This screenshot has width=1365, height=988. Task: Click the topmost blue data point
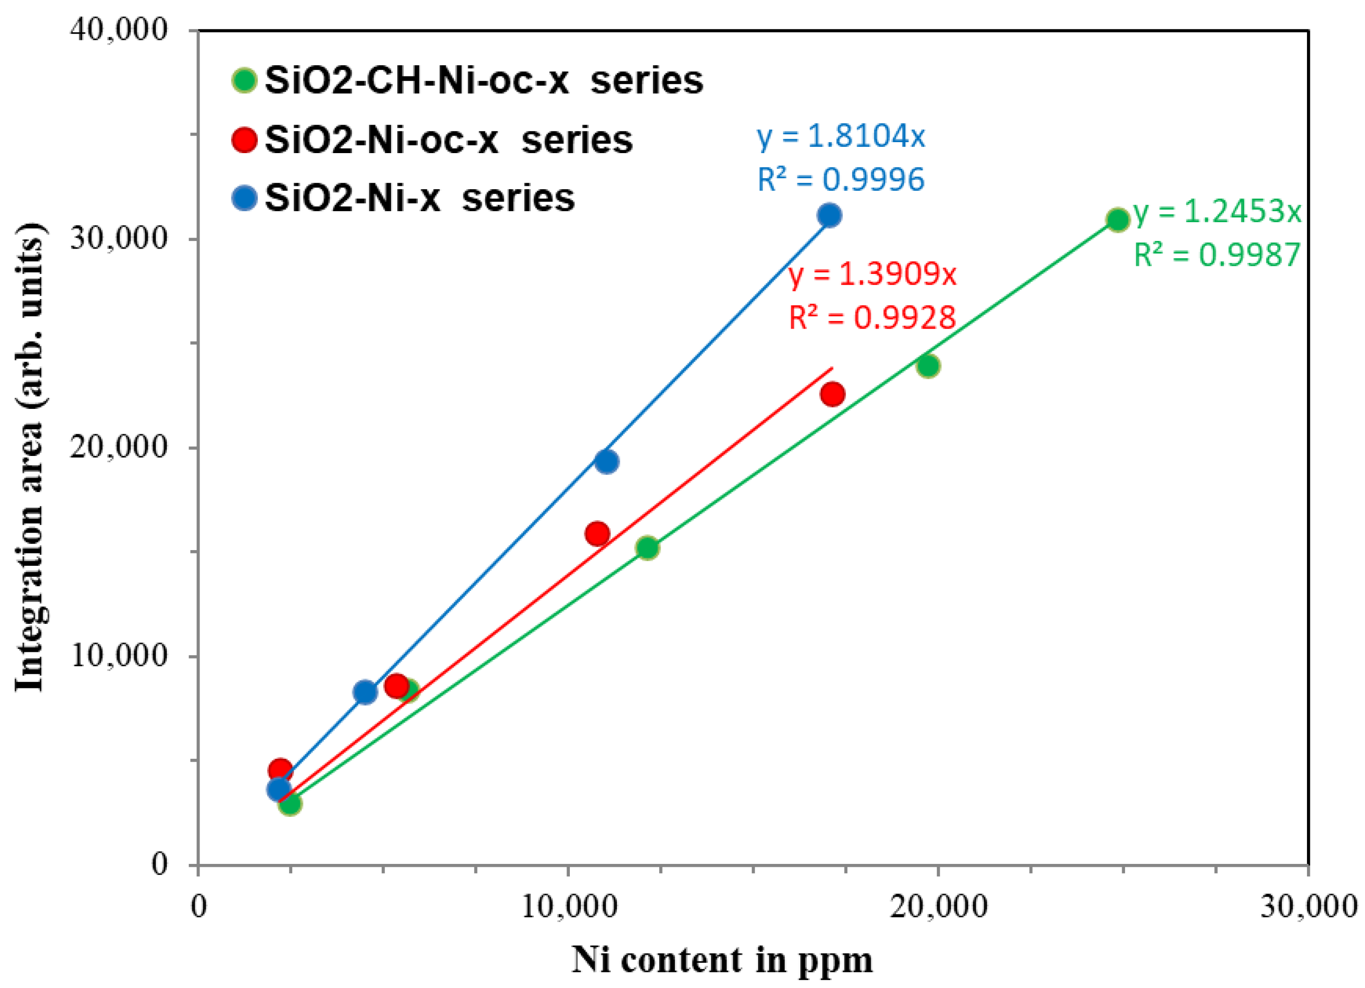(829, 215)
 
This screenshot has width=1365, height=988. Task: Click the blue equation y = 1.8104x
(841, 137)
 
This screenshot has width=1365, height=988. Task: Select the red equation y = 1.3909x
(872, 275)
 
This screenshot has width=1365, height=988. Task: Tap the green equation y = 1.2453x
(1217, 212)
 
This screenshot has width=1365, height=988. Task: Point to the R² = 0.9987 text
(1217, 255)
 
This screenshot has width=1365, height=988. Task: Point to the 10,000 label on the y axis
(118, 655)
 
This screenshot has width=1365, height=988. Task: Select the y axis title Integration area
(30, 457)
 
